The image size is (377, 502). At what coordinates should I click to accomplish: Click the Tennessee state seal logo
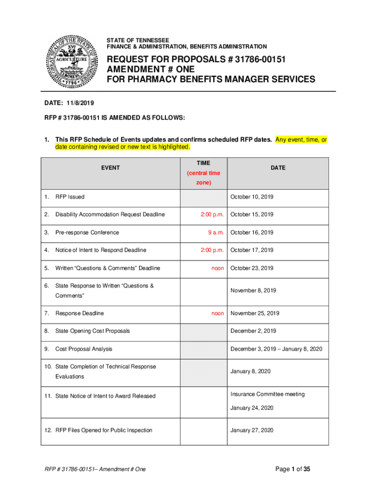(x=71, y=59)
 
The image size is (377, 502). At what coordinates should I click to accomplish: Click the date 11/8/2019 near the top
(x=78, y=103)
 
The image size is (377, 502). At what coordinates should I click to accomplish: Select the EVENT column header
(x=110, y=168)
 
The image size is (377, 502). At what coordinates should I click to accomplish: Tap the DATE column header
(x=278, y=168)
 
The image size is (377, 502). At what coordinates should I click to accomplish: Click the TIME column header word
(x=203, y=163)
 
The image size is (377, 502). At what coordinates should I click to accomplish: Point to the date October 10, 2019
(x=252, y=197)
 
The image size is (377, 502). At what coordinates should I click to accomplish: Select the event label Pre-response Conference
(x=87, y=232)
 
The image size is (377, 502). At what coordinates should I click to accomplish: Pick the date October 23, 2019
(x=252, y=268)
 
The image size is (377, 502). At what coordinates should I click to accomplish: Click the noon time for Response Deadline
(x=217, y=313)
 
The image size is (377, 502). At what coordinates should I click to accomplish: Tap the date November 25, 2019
(x=255, y=313)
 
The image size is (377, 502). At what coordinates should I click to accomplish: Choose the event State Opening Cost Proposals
(x=93, y=331)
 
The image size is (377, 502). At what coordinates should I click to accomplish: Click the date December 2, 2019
(x=253, y=331)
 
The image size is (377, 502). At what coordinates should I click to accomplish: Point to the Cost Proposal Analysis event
(x=84, y=349)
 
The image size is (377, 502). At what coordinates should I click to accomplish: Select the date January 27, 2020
(x=252, y=430)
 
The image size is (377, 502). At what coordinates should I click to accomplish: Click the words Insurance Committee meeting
(x=267, y=394)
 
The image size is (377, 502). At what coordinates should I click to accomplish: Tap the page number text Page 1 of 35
(x=293, y=469)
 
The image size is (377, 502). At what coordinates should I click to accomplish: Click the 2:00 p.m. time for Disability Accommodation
(x=212, y=215)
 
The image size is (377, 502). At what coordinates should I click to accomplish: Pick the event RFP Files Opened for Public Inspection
(x=104, y=430)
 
